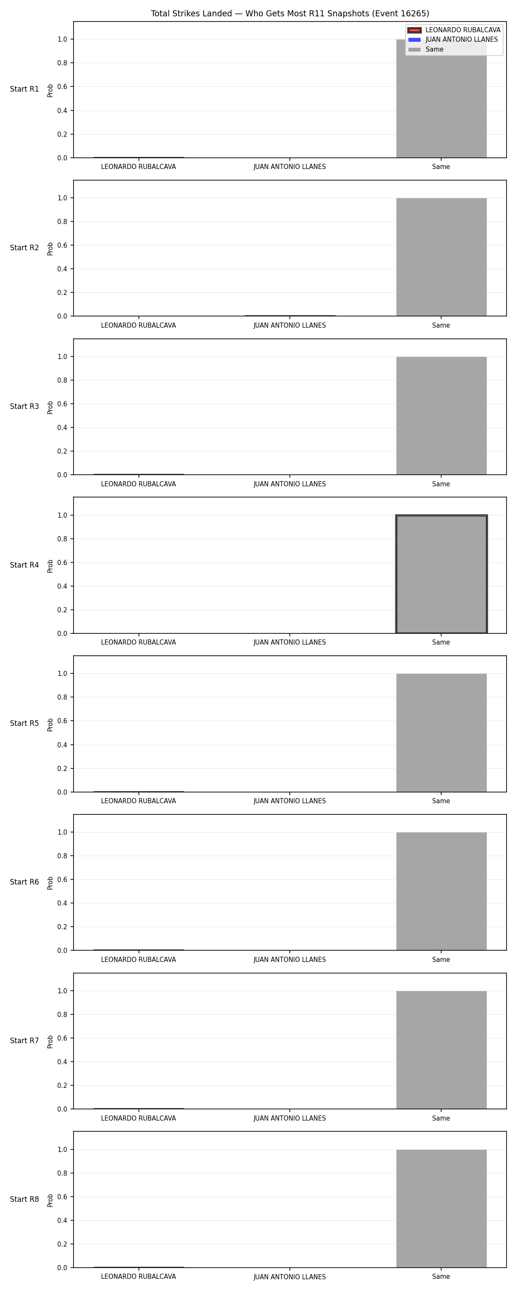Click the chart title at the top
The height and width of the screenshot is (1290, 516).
tap(289, 13)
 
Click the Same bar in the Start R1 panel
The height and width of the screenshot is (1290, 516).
tap(441, 98)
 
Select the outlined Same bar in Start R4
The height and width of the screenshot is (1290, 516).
tap(441, 574)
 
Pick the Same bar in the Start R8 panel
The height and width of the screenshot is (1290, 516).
tap(441, 1208)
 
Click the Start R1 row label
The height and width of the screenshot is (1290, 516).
tap(25, 89)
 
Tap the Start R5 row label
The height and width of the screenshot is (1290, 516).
tap(25, 723)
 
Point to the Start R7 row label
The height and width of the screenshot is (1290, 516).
tap(25, 1040)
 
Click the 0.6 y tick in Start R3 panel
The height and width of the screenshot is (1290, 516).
tap(62, 404)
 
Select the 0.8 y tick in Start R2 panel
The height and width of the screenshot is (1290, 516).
tap(62, 221)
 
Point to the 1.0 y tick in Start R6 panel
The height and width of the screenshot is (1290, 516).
tap(62, 832)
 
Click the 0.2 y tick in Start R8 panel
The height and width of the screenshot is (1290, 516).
tap(62, 1244)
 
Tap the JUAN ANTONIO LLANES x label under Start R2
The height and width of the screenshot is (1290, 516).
tap(289, 326)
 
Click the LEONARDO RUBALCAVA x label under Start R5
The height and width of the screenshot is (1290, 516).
tap(138, 801)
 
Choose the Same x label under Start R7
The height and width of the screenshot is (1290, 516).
tap(441, 1118)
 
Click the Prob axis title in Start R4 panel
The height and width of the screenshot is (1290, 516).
tap(50, 566)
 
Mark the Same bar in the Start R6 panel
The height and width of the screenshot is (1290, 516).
tap(441, 891)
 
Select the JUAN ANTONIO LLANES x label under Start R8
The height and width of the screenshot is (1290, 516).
tap(289, 1277)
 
